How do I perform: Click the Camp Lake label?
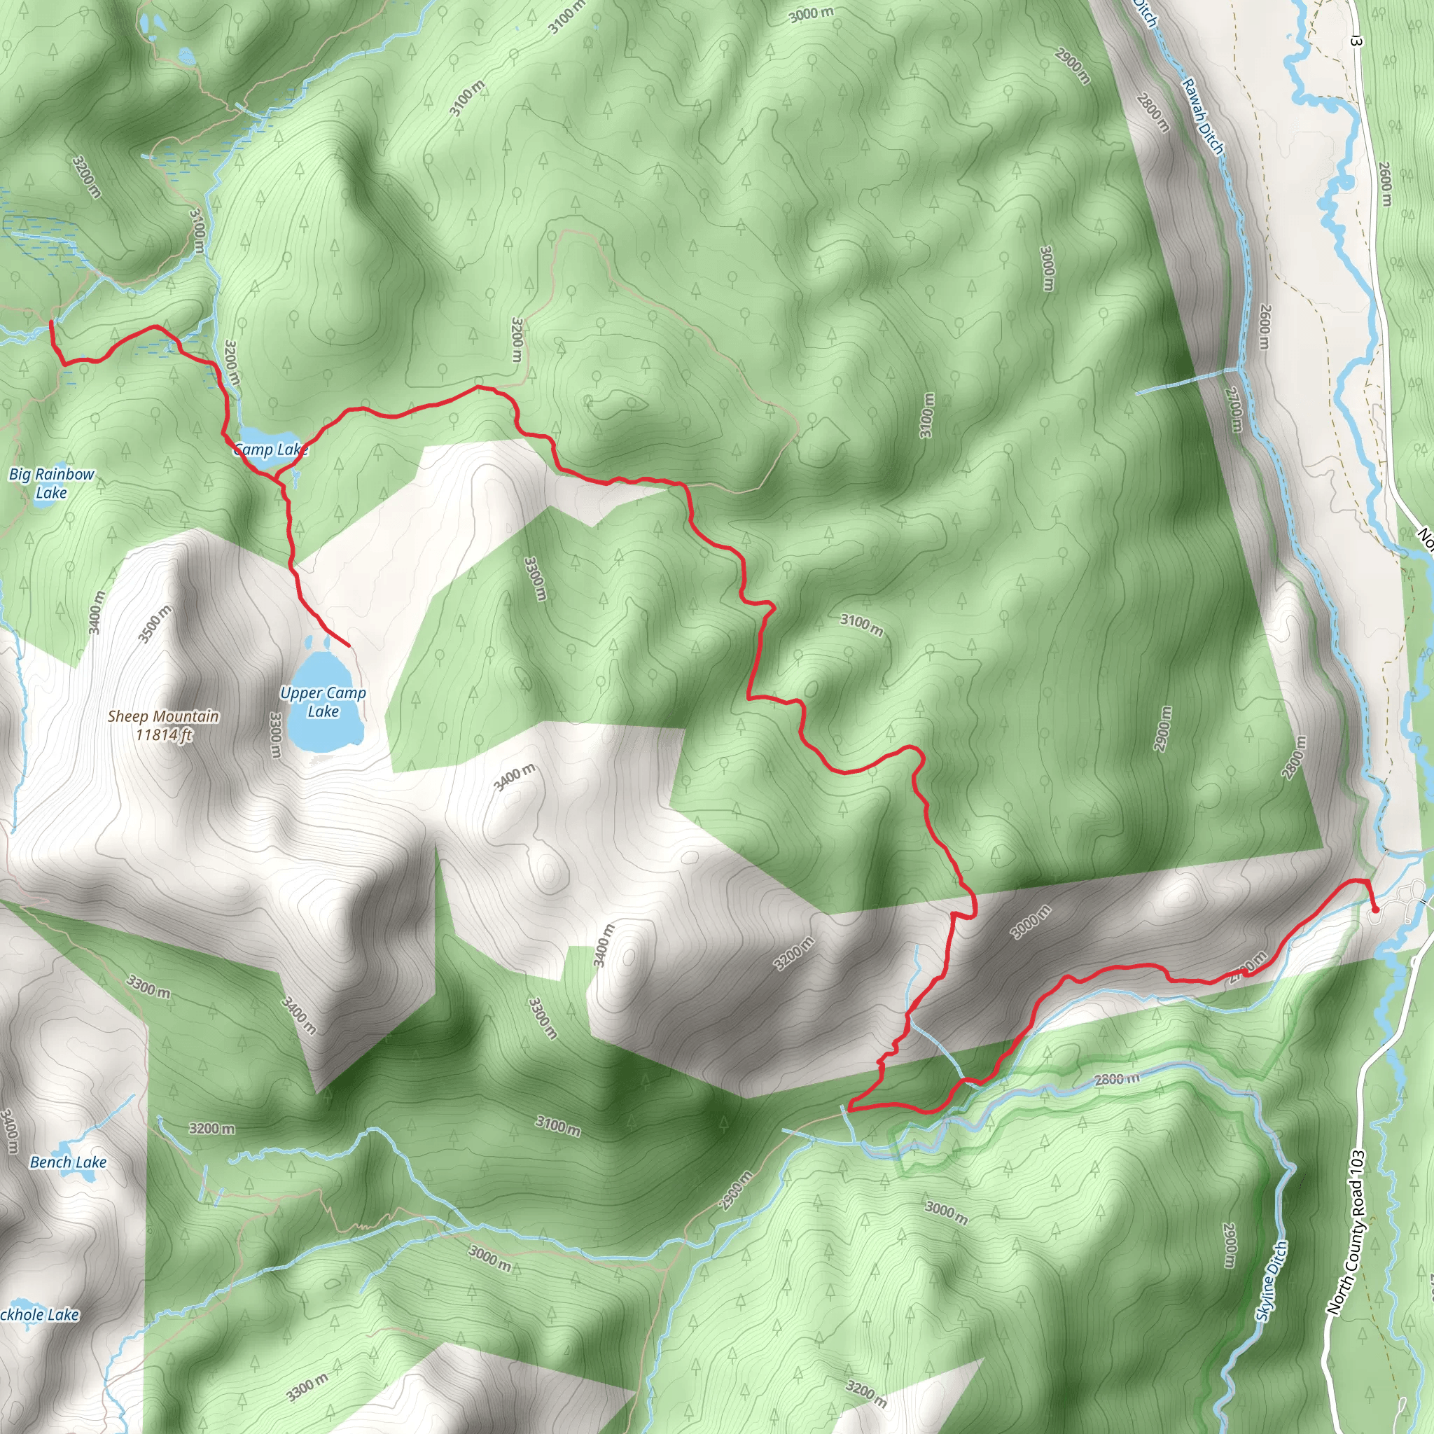(270, 449)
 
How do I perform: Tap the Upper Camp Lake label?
(323, 702)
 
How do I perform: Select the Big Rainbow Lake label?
(52, 483)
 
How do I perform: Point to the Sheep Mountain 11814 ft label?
(163, 725)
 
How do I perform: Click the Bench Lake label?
(69, 1162)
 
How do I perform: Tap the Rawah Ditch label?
(1202, 116)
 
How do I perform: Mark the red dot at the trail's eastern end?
(1375, 910)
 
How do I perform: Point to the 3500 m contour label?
(154, 623)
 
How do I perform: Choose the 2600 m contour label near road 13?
(1385, 183)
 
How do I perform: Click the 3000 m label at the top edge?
(812, 13)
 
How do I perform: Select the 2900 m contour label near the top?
(1073, 65)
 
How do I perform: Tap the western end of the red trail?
(50, 322)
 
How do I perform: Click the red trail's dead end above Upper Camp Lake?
(348, 646)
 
